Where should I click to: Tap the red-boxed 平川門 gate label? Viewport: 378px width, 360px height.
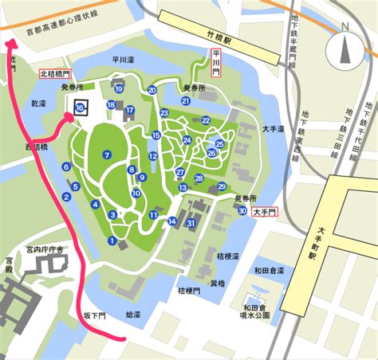[215, 62]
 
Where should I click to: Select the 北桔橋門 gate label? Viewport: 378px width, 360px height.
[60, 73]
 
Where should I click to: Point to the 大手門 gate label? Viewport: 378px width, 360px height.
[263, 213]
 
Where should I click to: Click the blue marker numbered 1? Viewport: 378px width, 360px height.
[112, 241]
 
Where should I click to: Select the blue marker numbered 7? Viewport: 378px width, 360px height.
[106, 155]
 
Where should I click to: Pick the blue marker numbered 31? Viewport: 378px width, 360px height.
[191, 224]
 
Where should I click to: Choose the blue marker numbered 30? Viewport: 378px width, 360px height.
[242, 211]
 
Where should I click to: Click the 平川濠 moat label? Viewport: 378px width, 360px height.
[124, 58]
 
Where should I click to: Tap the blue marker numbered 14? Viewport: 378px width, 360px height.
[171, 221]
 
